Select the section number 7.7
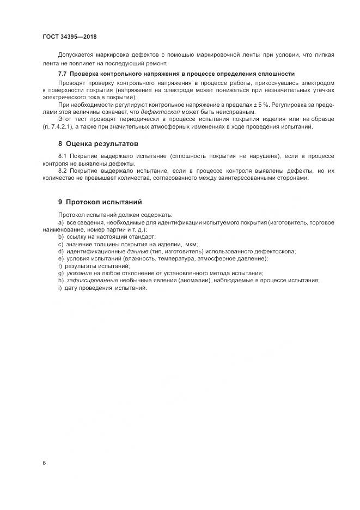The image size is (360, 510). [62, 74]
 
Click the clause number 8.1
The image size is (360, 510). [63, 156]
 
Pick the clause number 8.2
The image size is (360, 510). [63, 171]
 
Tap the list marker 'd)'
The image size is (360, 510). [60, 251]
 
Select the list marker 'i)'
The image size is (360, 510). [60, 288]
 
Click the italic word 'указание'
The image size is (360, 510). [79, 273]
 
